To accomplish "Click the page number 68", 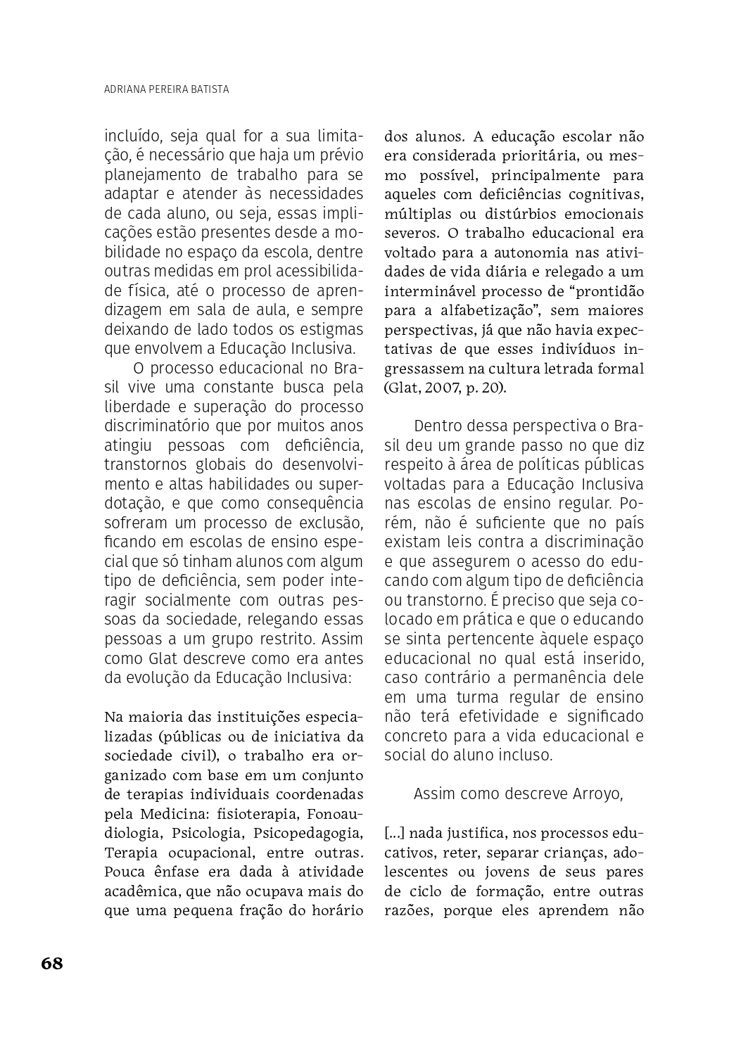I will pos(52,963).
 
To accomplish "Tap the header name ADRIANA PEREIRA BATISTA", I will pos(166,89).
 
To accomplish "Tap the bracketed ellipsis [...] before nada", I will pos(394,834).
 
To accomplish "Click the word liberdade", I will pos(138,407).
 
